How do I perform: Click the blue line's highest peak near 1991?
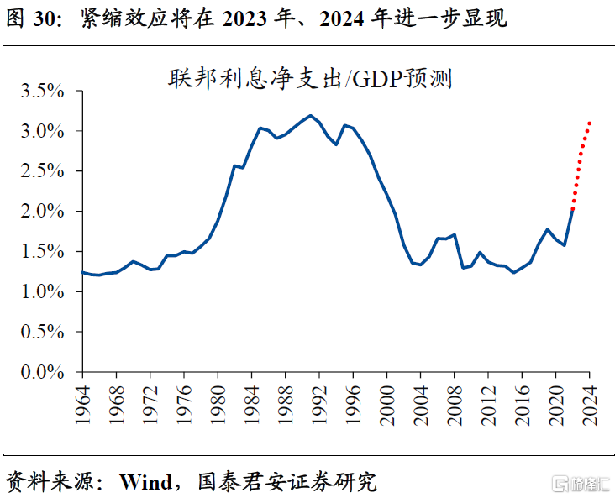point(311,115)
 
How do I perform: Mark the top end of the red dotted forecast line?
point(591,123)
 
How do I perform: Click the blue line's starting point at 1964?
point(82,272)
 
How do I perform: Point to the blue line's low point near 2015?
point(514,272)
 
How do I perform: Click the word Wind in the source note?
point(147,481)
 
